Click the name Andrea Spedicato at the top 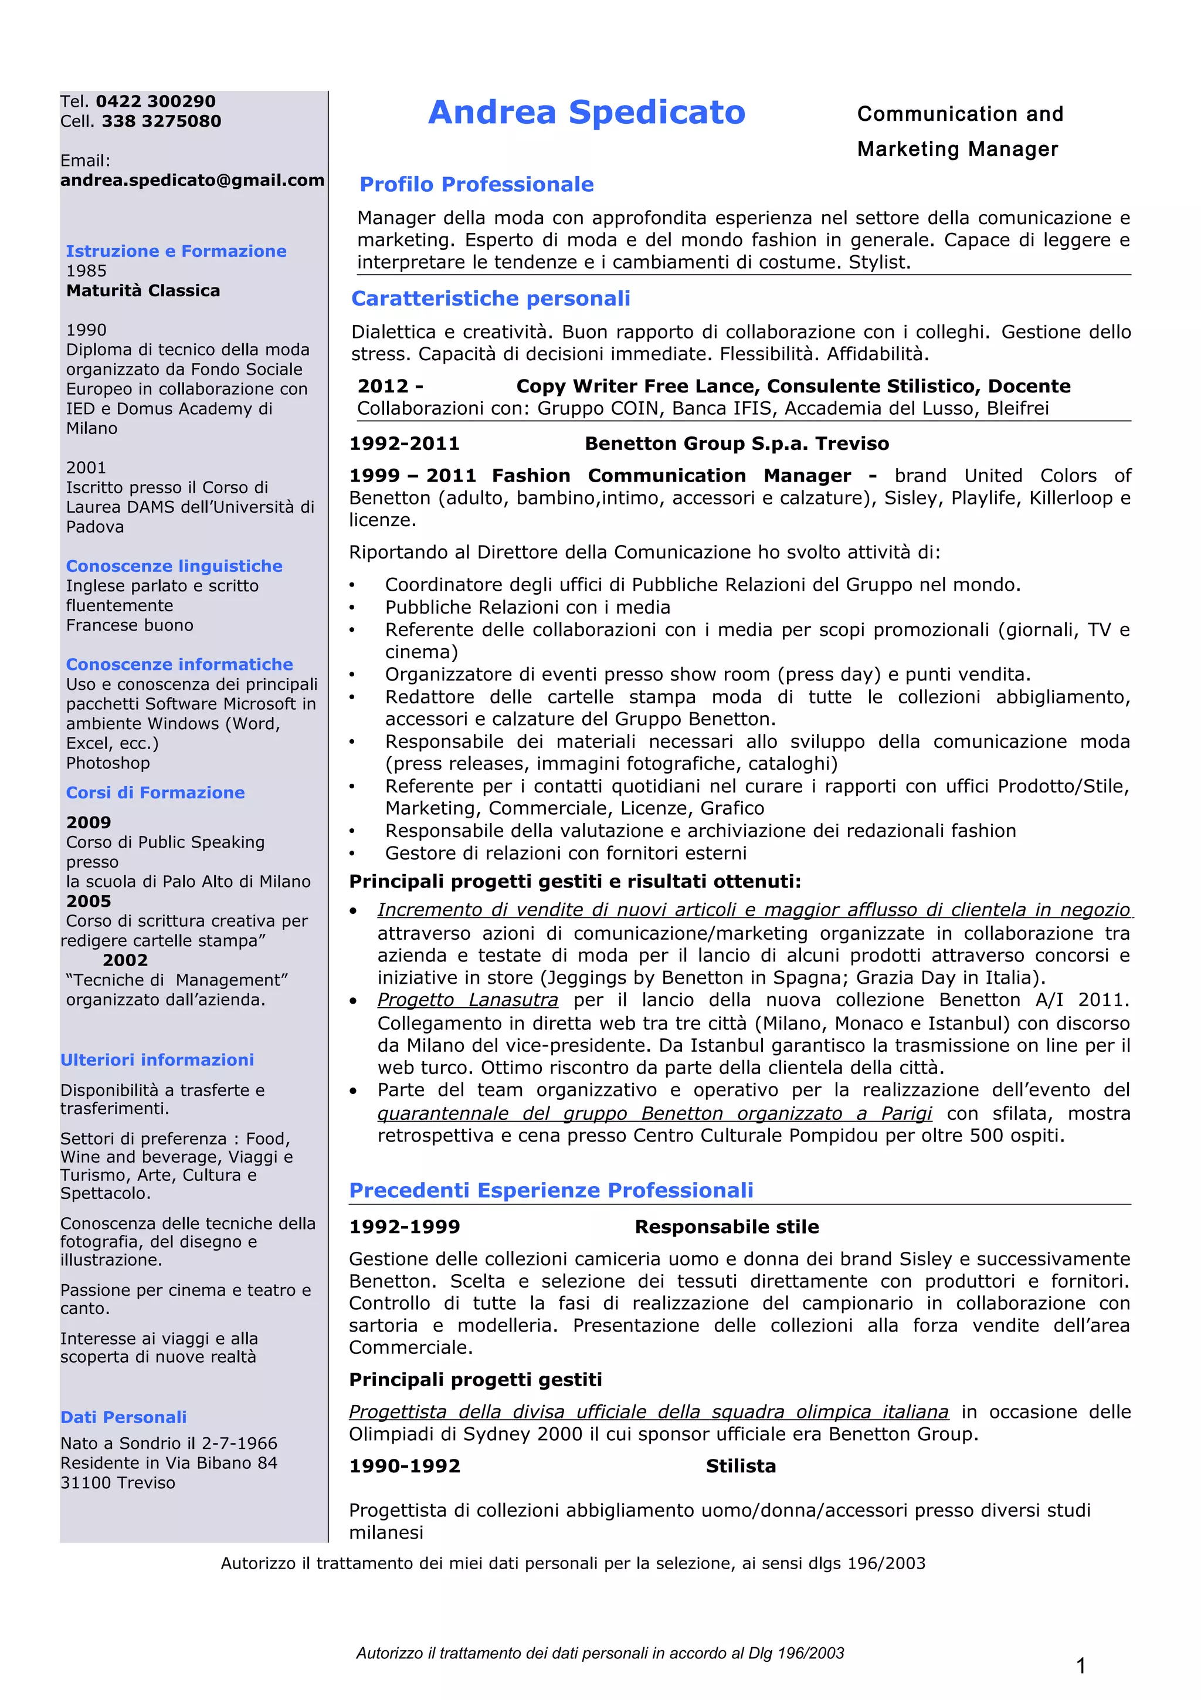[x=586, y=113]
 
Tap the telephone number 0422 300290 [x=155, y=101]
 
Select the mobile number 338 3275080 [x=161, y=121]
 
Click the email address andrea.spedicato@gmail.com [x=192, y=181]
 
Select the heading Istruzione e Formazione [x=176, y=251]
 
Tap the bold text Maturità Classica [x=143, y=291]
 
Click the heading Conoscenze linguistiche [x=174, y=565]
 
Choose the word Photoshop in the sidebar [x=108, y=763]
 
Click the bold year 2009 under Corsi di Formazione [x=88, y=822]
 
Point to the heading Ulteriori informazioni [x=157, y=1059]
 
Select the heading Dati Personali [x=124, y=1417]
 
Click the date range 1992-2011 [x=404, y=443]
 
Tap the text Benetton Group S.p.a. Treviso [x=737, y=443]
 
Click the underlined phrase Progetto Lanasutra [x=467, y=1000]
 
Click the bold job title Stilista [x=740, y=1466]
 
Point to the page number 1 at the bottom [x=1080, y=1667]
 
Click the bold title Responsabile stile [x=727, y=1227]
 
